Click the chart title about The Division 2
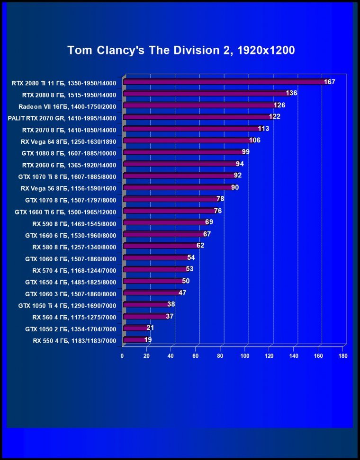pos(181,51)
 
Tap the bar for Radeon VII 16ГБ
pos(199,105)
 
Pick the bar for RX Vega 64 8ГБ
pos(187,140)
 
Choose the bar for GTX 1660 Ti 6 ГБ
pos(169,211)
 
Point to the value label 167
pos(330,82)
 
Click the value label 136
pos(292,93)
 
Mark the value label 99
pos(245,152)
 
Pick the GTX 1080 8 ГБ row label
pos(69,152)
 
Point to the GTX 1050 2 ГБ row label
pos(70,328)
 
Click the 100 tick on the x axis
pos(245,356)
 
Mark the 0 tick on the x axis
pos(122,356)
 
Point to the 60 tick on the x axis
pos(196,356)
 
